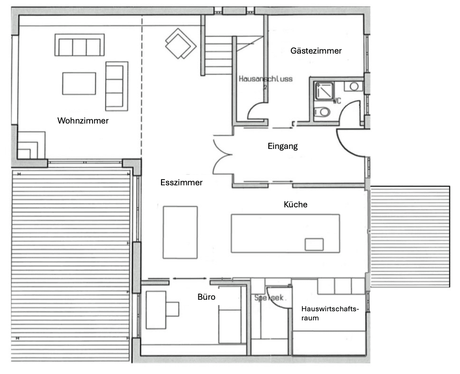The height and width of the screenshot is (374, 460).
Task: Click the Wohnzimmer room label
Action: pyautogui.click(x=82, y=121)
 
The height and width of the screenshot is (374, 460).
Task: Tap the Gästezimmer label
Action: pyautogui.click(x=316, y=51)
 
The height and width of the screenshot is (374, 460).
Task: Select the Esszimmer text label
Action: pyautogui.click(x=181, y=182)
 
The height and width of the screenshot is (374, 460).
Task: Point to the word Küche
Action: pyautogui.click(x=295, y=204)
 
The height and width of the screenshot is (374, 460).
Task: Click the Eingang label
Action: pyautogui.click(x=282, y=146)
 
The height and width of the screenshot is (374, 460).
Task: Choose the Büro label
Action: pyautogui.click(x=207, y=297)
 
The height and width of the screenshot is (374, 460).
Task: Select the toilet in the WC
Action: pyautogui.click(x=324, y=112)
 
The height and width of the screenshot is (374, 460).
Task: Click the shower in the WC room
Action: pyautogui.click(x=323, y=91)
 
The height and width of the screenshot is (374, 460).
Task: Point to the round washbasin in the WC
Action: pyautogui.click(x=354, y=87)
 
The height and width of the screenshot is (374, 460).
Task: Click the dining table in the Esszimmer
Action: pyautogui.click(x=180, y=232)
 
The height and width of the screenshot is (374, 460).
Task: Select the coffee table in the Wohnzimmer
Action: pyautogui.click(x=79, y=83)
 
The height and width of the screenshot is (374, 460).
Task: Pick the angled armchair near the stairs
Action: pyautogui.click(x=180, y=44)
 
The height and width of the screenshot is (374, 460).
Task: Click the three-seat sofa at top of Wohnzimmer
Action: pyautogui.click(x=80, y=45)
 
